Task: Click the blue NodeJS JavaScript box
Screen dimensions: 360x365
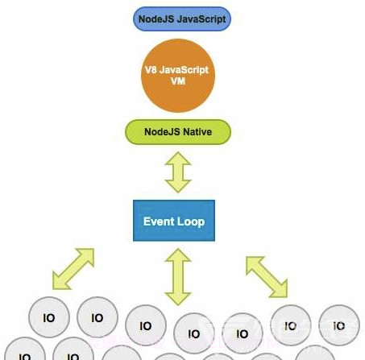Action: pos(182,17)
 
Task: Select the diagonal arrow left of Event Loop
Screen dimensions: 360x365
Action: pos(73,268)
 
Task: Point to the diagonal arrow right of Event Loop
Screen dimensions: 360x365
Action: pos(267,275)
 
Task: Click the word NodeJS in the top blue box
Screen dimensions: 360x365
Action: pos(157,17)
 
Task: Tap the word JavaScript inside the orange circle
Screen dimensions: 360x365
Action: pos(189,70)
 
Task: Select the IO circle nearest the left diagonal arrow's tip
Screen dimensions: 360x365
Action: pos(48,318)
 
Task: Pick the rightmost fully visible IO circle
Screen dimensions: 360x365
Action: pos(340,325)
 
